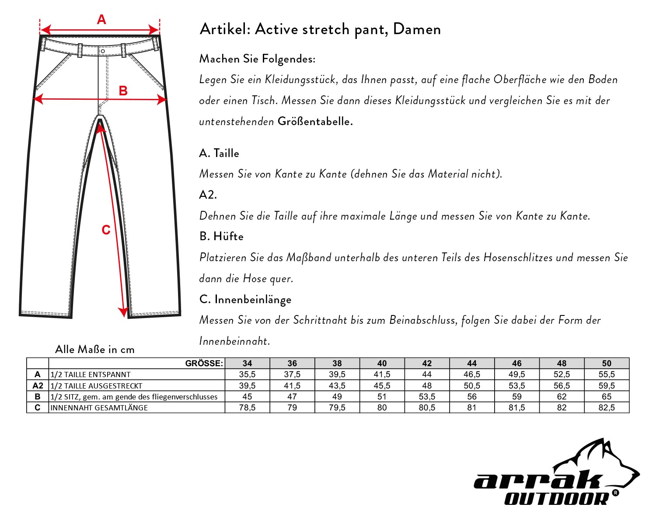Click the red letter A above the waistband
(101, 20)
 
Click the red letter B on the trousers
(123, 91)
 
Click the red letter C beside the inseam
(106, 230)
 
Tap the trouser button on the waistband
(102, 51)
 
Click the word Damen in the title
(417, 29)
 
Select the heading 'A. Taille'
(219, 153)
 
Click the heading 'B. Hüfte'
(221, 236)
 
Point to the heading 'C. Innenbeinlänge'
(245, 299)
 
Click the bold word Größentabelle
(315, 122)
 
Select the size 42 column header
(427, 363)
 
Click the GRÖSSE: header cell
(204, 363)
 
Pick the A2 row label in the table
(38, 385)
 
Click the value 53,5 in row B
(427, 396)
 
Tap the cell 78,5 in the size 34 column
(247, 407)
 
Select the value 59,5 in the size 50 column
(607, 385)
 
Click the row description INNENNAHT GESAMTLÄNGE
(99, 407)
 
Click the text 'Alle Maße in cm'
(95, 350)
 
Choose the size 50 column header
(607, 363)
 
